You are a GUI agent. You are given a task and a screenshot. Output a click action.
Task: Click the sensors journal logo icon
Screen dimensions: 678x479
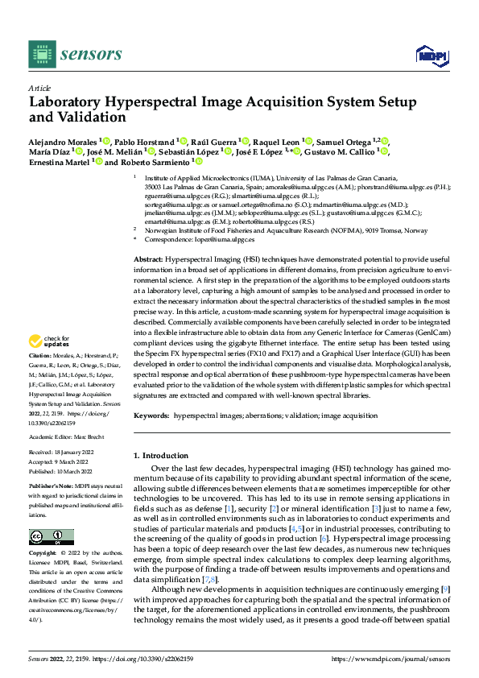(x=41, y=54)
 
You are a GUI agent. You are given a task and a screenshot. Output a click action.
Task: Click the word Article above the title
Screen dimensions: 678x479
(x=39, y=89)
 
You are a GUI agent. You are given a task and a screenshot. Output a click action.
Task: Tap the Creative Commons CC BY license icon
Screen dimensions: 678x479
(x=51, y=537)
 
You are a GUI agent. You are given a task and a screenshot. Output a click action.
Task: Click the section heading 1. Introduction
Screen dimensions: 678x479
(x=164, y=456)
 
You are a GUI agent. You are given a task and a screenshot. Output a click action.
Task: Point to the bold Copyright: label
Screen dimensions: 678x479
(x=43, y=553)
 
